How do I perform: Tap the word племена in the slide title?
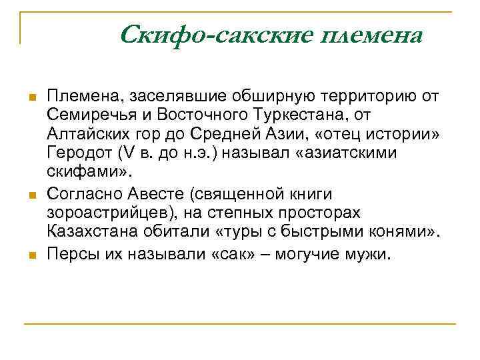[x=371, y=35]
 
